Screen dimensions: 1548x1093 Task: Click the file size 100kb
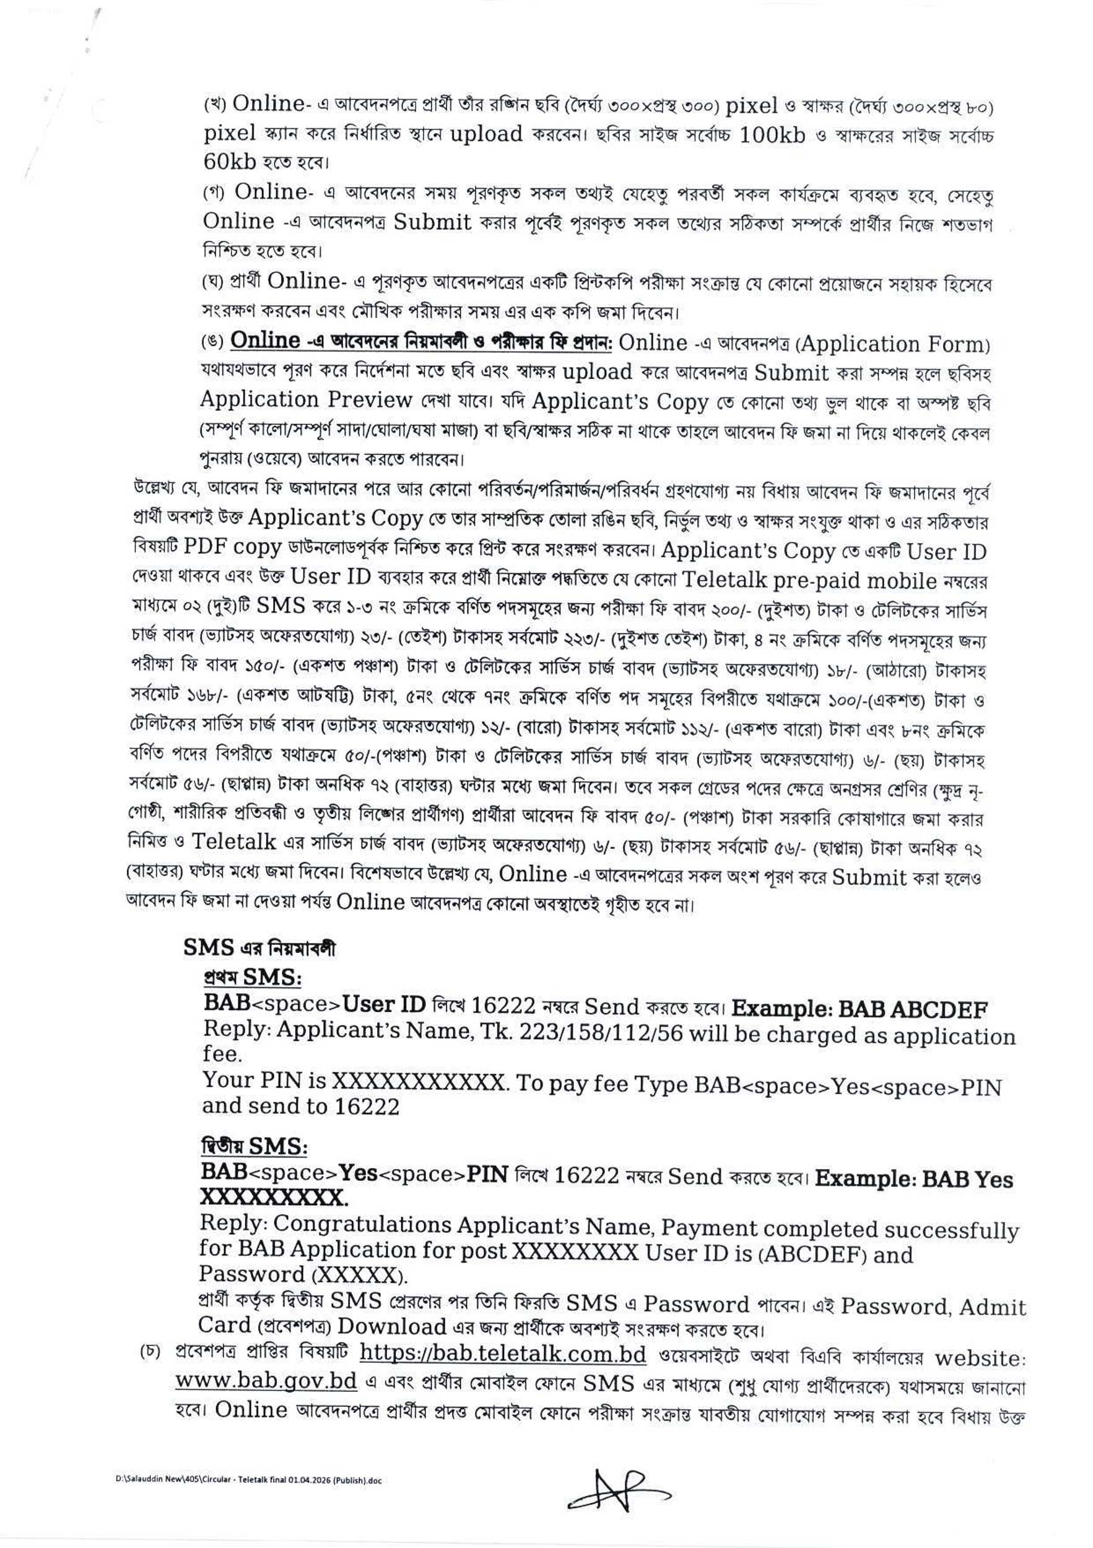pyautogui.click(x=773, y=136)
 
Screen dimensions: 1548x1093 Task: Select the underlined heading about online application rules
pyautogui.click(x=422, y=341)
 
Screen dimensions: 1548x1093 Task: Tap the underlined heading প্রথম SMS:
pyautogui.click(x=252, y=977)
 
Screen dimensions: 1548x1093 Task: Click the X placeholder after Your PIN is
pyautogui.click(x=418, y=1082)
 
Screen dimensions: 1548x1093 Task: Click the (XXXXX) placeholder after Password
pyautogui.click(x=359, y=1275)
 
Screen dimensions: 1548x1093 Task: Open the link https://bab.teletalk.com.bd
pyautogui.click(x=503, y=1353)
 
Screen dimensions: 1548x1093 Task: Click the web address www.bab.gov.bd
pyautogui.click(x=266, y=1380)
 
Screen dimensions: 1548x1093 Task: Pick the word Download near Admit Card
pyautogui.click(x=392, y=1326)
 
